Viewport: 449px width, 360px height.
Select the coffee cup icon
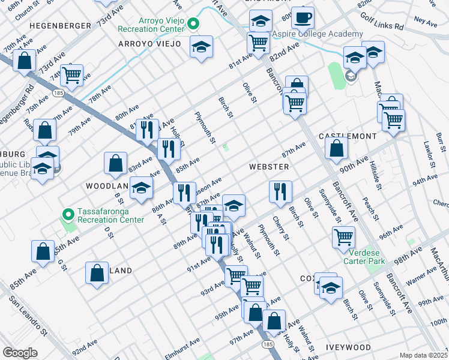(303, 19)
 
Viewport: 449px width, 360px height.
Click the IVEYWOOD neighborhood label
(349, 347)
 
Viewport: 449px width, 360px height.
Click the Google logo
(20, 353)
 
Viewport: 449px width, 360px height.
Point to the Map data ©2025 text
(423, 355)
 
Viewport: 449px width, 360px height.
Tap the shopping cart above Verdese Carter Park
(343, 237)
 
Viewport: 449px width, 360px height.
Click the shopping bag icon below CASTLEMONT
(337, 148)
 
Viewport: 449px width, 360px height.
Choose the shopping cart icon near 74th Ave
(71, 74)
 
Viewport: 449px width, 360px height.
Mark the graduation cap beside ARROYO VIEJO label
(202, 47)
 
